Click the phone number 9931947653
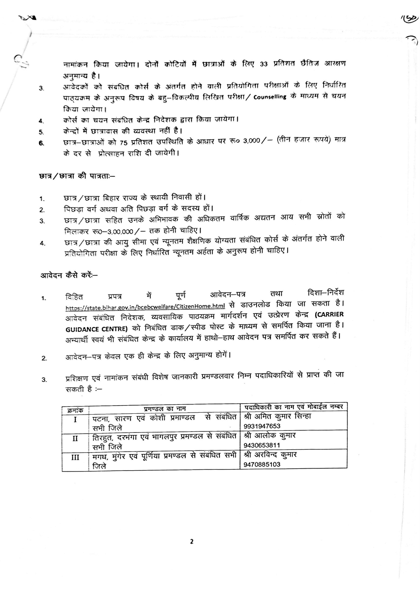tap(262, 426)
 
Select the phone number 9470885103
tap(262, 464)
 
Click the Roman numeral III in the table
tap(75, 457)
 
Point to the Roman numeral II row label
tap(75, 439)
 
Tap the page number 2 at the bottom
tap(192, 541)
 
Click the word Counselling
tap(270, 97)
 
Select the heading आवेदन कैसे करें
tap(69, 275)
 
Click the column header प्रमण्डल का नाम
tap(165, 409)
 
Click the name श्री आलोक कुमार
tap(269, 436)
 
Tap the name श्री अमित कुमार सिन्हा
tap(277, 417)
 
